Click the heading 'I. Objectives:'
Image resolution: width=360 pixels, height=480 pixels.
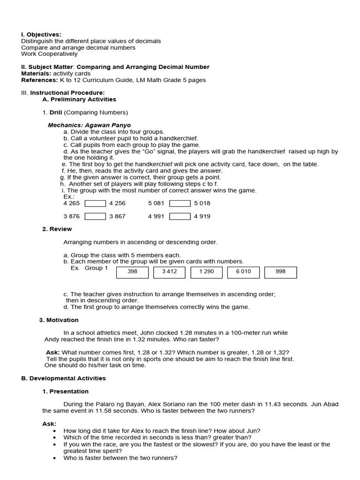41,35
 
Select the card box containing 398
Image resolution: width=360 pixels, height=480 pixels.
132,272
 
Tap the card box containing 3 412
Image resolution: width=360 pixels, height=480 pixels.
169,272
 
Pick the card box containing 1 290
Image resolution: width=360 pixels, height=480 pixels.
206,272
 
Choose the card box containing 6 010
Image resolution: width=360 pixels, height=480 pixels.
243,272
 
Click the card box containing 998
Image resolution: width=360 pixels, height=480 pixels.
280,272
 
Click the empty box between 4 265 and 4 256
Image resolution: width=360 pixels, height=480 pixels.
95,203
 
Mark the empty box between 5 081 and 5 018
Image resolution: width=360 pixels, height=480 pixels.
180,203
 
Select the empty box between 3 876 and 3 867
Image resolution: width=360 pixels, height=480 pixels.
95,217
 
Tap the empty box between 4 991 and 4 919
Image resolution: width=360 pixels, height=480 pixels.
180,217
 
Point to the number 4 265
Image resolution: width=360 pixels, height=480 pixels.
72,203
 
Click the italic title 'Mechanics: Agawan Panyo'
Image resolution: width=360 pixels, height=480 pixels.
89,126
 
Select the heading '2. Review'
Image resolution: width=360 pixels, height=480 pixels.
57,229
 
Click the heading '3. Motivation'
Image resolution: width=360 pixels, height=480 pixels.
59,320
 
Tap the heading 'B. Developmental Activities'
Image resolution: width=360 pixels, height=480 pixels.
63,378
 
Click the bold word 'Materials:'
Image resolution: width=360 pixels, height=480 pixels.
36,74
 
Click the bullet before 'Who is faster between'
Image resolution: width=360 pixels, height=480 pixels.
55,458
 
